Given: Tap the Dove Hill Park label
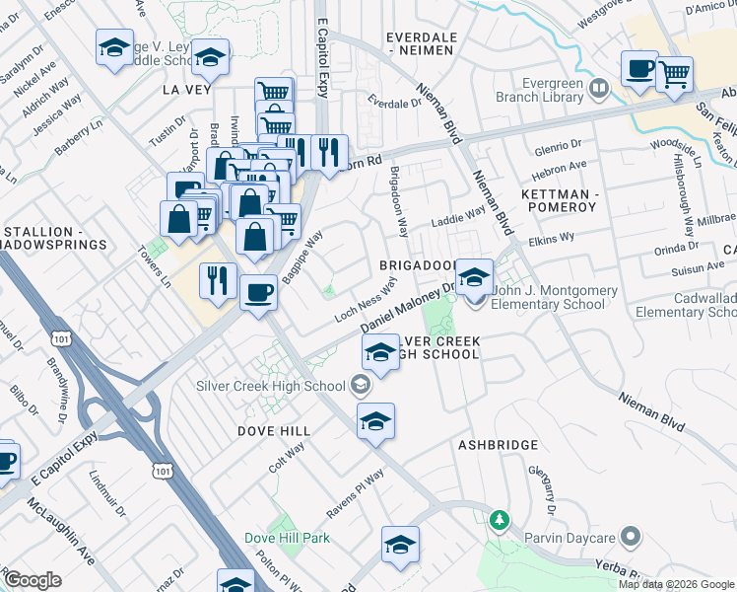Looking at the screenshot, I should (x=287, y=538).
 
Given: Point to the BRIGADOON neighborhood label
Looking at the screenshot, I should (x=418, y=266).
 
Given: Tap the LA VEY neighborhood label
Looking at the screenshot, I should (x=187, y=88).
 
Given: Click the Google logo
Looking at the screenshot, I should (x=33, y=580).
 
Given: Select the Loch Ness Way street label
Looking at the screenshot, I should (x=365, y=299).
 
